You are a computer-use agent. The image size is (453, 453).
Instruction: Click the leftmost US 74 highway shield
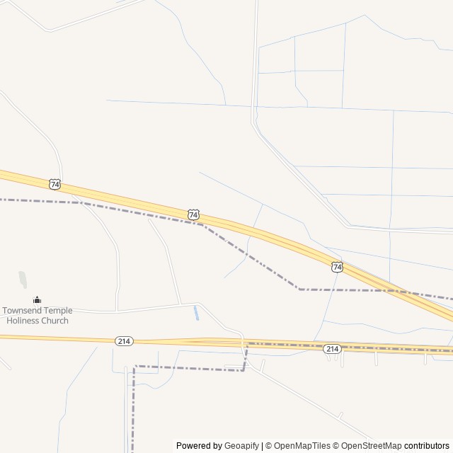[x=55, y=184]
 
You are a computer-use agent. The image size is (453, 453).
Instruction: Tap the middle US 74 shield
[x=194, y=214]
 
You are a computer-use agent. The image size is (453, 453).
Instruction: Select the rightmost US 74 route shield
[x=337, y=267]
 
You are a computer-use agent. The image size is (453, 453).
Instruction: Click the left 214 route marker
[x=124, y=341]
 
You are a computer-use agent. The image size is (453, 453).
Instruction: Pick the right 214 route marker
[x=332, y=349]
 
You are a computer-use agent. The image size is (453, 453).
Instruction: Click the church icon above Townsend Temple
[x=37, y=300]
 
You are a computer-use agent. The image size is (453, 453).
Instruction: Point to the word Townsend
[x=23, y=311]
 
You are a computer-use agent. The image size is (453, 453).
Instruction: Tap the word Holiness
[x=23, y=321]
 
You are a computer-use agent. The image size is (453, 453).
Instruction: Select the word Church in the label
[x=55, y=321]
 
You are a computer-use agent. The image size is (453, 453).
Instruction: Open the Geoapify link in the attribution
[x=241, y=446]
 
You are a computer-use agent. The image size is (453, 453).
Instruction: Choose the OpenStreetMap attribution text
[x=372, y=446]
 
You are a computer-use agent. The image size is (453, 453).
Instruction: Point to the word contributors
[x=428, y=446]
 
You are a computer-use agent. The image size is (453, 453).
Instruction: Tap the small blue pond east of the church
[x=196, y=313]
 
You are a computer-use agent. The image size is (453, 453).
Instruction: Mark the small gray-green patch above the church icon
[x=23, y=280]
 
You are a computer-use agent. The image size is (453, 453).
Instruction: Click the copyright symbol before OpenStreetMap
[x=336, y=446]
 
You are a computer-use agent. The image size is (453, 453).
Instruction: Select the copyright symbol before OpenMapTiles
[x=269, y=446]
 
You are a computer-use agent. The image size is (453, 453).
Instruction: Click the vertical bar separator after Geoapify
[x=262, y=446]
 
